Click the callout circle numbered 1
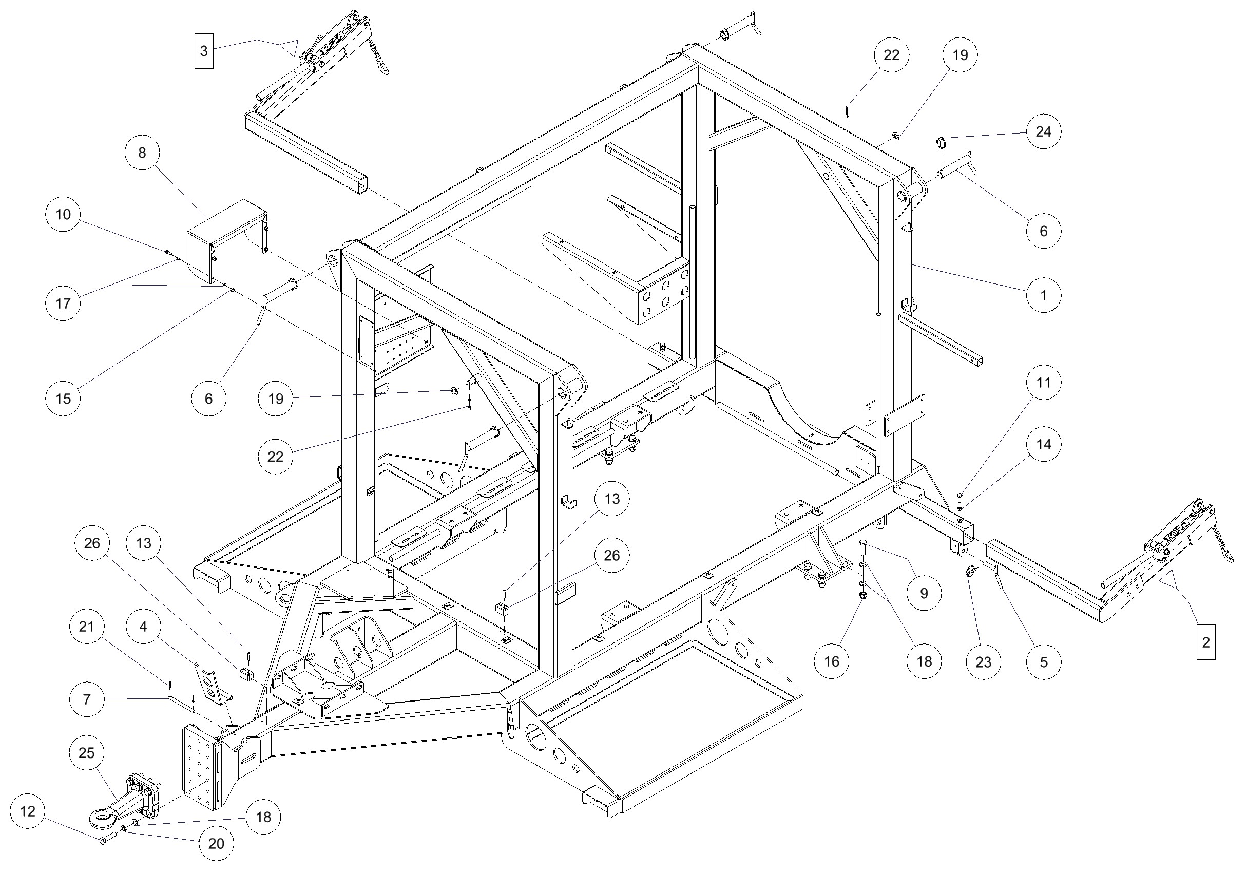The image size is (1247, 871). point(1043,295)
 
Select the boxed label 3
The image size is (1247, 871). point(204,51)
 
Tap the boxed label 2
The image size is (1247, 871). point(1206,642)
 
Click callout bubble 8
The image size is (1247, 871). point(142,153)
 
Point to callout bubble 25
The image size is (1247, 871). point(87,752)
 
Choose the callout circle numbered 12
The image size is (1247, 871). point(28,811)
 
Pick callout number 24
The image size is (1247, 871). point(1043,131)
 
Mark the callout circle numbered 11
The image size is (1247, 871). point(1043,383)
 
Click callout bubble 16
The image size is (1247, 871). point(832,661)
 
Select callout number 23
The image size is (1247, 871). point(983,662)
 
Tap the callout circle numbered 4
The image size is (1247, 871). point(143,627)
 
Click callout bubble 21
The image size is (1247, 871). point(87,627)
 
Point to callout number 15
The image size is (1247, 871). point(63,399)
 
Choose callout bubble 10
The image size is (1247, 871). point(63,214)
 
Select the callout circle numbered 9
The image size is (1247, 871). point(924,593)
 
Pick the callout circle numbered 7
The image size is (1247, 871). point(87,699)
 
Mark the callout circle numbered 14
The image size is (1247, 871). point(1043,444)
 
